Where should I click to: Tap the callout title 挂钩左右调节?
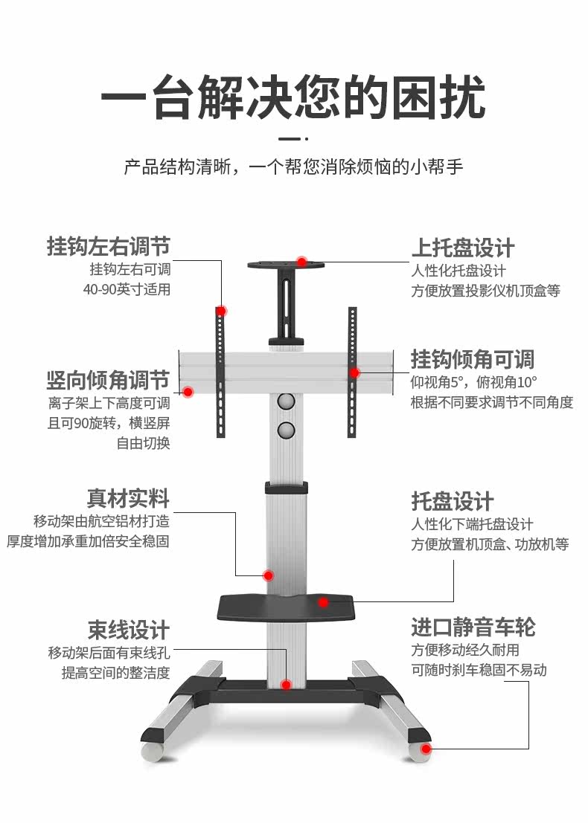[109, 246]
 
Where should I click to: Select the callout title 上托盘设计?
[463, 248]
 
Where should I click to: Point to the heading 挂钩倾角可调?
[473, 360]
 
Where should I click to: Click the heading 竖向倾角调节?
[109, 381]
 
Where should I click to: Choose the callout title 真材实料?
[129, 498]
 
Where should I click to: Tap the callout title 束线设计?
[129, 630]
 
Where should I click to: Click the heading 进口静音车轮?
[473, 627]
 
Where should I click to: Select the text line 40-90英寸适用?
[127, 289]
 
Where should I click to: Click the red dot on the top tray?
[301, 262]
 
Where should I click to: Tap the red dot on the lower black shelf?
[323, 602]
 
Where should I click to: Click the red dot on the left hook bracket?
[221, 310]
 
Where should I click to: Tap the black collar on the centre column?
[287, 488]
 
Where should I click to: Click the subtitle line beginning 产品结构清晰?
[293, 166]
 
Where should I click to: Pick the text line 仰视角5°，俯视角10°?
[474, 382]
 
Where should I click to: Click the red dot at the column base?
[286, 685]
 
